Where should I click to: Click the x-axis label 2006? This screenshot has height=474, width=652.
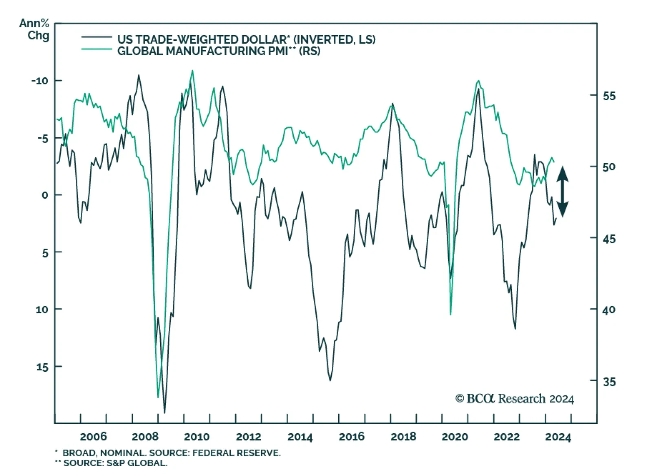pos(93,437)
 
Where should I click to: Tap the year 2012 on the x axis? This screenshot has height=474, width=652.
pos(248,437)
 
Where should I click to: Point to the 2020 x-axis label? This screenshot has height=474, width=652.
pos(455,437)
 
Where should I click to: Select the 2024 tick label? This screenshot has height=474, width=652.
pos(558,437)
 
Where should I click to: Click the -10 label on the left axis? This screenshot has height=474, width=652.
pos(40,81)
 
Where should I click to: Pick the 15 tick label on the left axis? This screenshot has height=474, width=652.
pos(42,367)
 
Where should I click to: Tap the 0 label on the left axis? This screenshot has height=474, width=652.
pos(45,195)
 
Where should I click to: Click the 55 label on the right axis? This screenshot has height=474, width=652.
pos(609,96)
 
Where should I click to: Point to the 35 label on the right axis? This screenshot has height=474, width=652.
pos(609,382)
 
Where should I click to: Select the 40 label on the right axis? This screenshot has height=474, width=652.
pos(609,310)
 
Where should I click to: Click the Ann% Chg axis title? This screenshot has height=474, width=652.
pos(34,29)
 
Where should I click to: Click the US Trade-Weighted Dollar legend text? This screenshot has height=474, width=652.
pos(246,40)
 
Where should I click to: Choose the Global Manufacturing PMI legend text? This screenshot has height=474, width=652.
pos(219,51)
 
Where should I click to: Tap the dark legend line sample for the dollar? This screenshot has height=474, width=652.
pos(97,37)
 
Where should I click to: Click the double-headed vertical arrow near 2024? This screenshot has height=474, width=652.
pos(562,191)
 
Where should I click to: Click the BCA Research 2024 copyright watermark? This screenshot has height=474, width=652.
pos(514,398)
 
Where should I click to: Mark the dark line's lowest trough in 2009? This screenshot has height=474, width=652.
pos(165,413)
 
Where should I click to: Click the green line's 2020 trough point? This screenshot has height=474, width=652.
pos(450,314)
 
